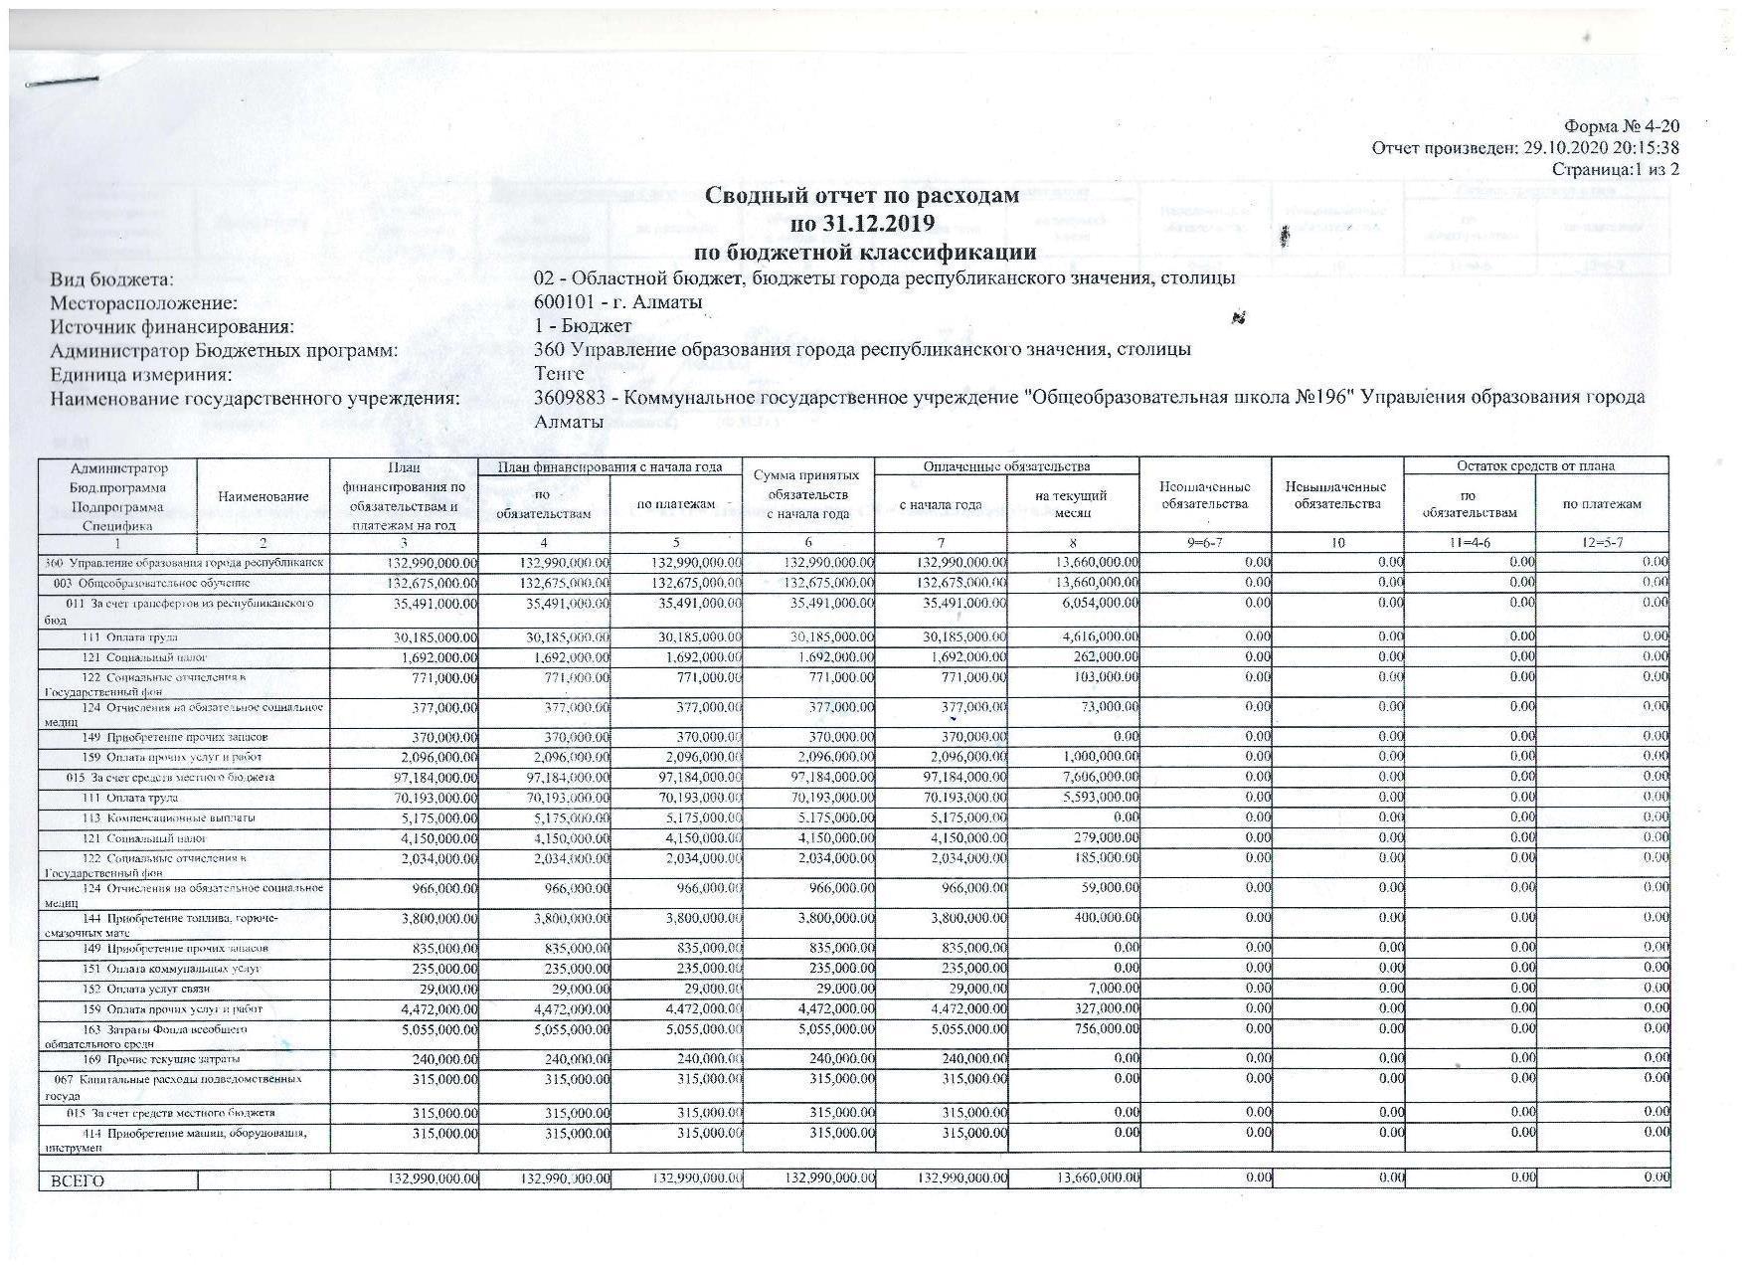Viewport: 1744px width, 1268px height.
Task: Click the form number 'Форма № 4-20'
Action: (1622, 126)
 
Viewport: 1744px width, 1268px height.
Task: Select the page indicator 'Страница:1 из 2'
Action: (1615, 169)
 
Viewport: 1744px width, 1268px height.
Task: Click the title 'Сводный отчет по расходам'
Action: (862, 196)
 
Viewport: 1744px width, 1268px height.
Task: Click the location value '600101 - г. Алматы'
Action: (617, 301)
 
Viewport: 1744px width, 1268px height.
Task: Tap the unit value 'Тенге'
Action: (559, 374)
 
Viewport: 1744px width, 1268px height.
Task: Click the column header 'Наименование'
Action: (263, 496)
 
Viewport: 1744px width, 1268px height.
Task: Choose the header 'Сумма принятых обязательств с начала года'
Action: (808, 494)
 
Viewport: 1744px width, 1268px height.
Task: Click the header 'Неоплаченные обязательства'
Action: (1204, 495)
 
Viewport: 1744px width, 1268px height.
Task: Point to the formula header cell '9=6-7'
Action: (1204, 543)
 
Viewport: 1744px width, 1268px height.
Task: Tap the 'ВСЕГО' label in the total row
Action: (71, 1181)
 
